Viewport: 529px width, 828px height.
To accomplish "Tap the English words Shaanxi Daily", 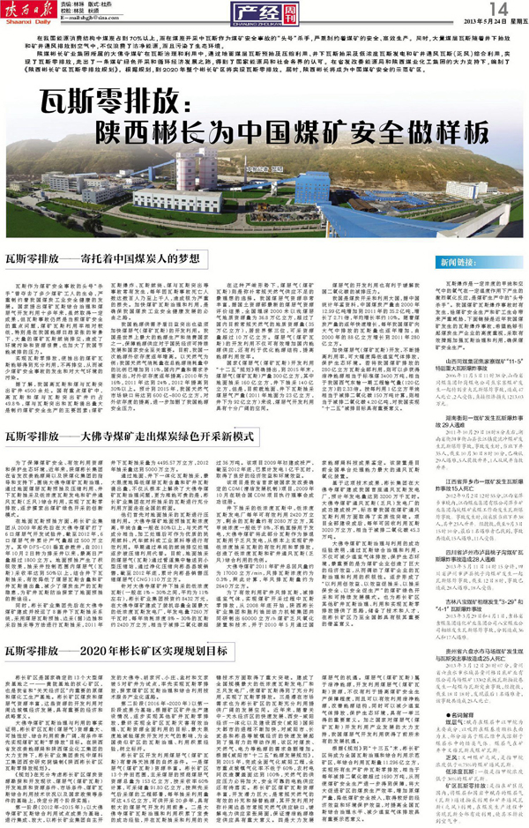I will pyautogui.click(x=35, y=25).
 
